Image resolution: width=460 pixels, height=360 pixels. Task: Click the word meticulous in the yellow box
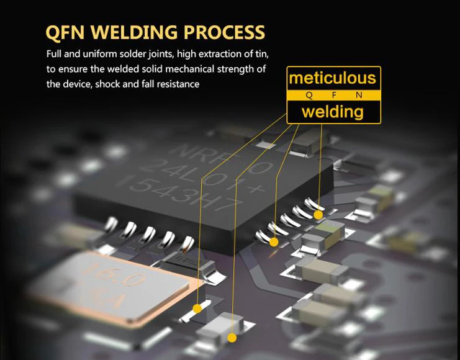click(x=333, y=78)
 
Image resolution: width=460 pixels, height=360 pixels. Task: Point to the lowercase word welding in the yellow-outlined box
click(x=333, y=112)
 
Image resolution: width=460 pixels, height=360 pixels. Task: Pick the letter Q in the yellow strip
click(x=310, y=95)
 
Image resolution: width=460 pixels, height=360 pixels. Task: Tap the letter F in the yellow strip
click(x=334, y=95)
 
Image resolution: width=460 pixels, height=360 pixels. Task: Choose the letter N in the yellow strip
click(x=358, y=95)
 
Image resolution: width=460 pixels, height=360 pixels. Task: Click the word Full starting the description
click(x=56, y=54)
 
